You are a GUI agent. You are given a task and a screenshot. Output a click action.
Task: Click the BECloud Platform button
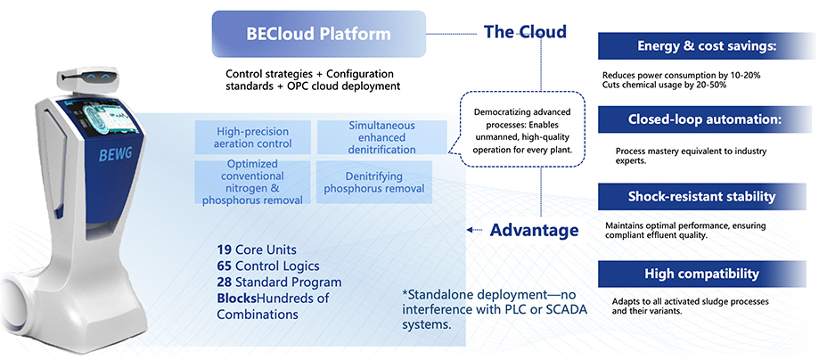tap(319, 34)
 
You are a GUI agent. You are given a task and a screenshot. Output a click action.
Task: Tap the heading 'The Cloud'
tap(525, 32)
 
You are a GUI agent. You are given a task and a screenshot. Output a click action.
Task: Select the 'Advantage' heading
tap(534, 230)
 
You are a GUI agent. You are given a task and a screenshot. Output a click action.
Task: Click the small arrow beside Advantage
tap(474, 230)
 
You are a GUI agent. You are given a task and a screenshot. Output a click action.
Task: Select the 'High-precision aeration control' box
tap(253, 137)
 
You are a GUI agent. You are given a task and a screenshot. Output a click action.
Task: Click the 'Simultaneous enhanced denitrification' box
tap(382, 137)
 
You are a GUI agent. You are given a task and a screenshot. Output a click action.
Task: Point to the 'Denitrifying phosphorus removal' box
tap(374, 183)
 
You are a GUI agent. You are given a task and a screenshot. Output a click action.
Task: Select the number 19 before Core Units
tap(225, 250)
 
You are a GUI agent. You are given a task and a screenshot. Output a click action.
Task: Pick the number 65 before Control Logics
tap(225, 266)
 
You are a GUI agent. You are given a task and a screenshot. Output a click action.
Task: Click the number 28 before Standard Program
tap(225, 282)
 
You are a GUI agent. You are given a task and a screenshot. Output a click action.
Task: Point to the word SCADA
tap(566, 309)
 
